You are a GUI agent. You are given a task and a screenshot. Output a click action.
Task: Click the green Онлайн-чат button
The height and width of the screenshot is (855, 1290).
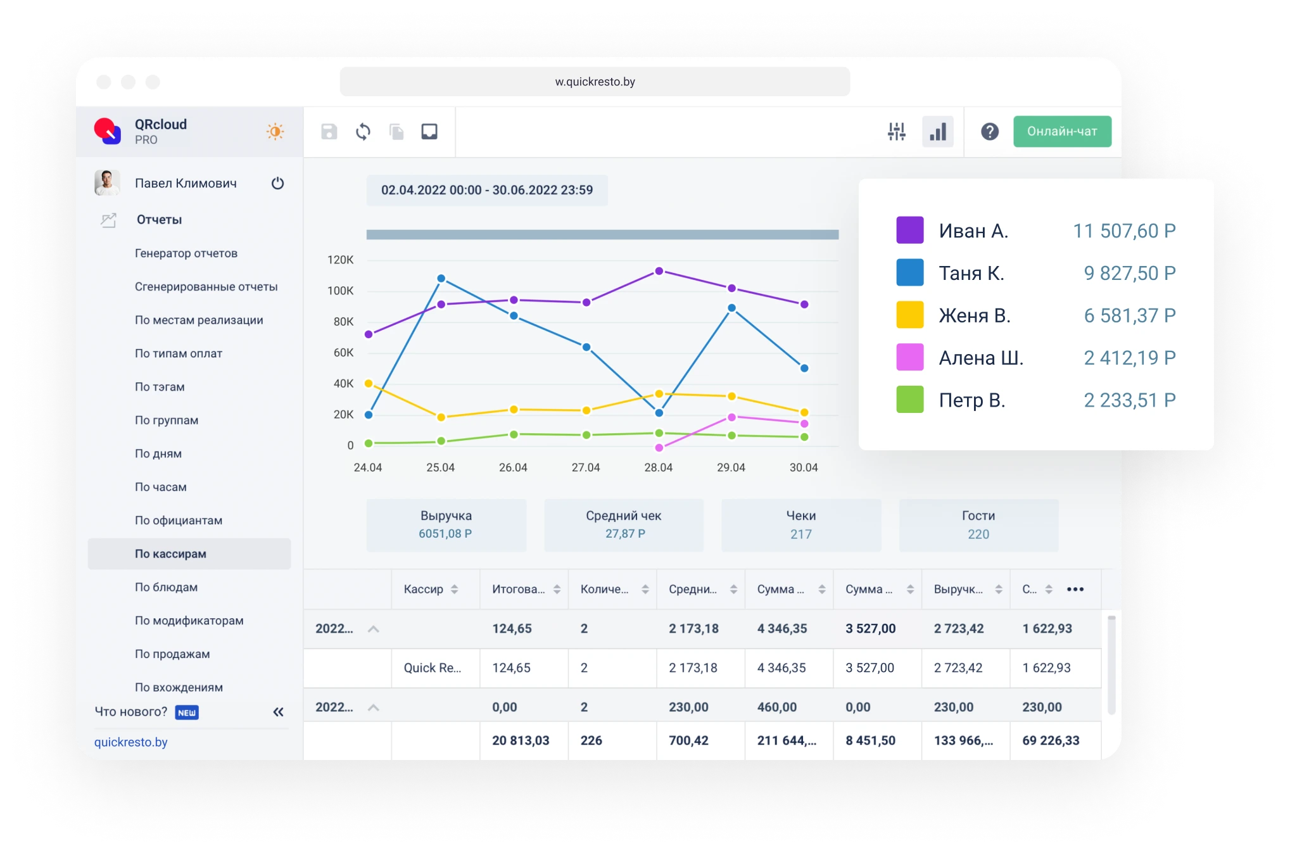click(x=1062, y=131)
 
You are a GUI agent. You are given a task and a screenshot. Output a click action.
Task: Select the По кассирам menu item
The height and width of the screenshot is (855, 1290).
click(x=170, y=554)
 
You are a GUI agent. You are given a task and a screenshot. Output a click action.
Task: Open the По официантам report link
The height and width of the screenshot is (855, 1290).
click(x=179, y=520)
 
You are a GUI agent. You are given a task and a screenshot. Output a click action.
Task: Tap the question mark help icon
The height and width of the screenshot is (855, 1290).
click(x=989, y=132)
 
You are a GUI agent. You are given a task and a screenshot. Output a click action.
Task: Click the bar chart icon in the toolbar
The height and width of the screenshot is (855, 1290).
click(x=937, y=132)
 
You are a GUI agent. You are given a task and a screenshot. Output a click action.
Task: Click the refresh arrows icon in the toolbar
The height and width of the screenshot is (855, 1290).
click(x=363, y=132)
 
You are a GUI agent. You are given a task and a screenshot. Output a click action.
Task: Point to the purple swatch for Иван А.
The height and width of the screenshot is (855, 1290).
click(x=909, y=230)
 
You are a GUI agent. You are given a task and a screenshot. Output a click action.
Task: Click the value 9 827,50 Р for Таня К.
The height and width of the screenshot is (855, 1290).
click(x=1129, y=273)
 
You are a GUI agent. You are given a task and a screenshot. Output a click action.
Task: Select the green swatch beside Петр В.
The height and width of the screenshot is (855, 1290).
click(x=909, y=400)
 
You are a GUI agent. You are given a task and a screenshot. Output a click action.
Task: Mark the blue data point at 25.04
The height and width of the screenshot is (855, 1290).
click(x=441, y=279)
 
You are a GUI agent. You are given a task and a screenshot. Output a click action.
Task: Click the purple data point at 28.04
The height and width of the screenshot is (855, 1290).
click(x=659, y=271)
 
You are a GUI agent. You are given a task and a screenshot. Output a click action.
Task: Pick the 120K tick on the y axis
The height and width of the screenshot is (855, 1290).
click(x=340, y=260)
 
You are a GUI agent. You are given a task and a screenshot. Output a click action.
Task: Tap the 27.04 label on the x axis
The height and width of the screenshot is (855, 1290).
click(x=586, y=467)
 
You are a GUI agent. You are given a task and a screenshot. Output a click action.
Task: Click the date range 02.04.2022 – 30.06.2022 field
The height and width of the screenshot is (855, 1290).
click(x=487, y=190)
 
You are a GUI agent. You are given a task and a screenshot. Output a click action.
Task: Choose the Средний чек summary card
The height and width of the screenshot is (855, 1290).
click(x=624, y=524)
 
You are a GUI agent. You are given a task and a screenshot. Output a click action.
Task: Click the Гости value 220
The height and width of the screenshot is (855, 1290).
click(x=978, y=534)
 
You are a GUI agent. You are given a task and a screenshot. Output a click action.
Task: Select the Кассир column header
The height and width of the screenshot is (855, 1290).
click(x=424, y=589)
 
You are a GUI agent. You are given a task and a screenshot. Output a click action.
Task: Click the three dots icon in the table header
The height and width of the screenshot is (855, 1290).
click(x=1075, y=589)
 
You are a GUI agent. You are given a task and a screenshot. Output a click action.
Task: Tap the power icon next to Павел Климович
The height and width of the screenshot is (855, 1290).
click(x=277, y=184)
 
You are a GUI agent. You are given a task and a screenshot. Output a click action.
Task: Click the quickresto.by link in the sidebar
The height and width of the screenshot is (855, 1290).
click(x=131, y=742)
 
